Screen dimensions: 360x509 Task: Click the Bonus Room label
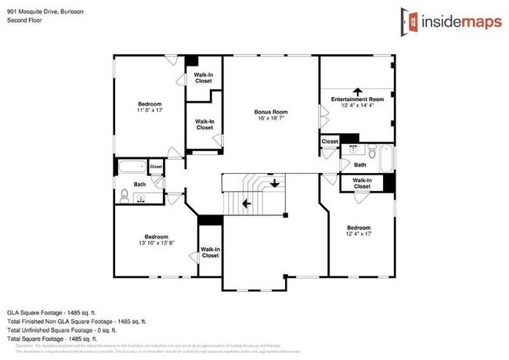272,112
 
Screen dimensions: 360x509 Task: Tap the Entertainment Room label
358,99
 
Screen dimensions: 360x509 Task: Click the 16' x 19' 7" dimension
272,119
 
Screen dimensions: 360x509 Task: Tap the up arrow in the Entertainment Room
358,90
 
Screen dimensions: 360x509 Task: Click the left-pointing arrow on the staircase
247,203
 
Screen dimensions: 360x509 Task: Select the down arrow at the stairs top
275,184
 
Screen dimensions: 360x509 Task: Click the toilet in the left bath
125,195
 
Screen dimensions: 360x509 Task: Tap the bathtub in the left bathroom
131,167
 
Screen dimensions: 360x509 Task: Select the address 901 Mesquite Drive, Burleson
46,12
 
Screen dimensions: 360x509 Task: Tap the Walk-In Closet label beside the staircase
210,253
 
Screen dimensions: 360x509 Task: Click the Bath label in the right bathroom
360,165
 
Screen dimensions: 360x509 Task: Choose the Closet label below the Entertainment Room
330,142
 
